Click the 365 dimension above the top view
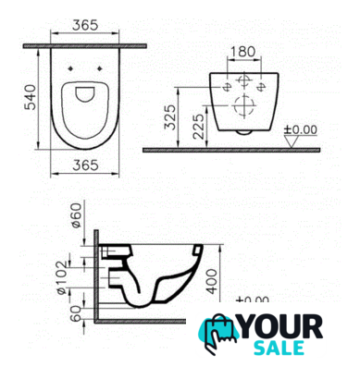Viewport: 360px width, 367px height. pyautogui.click(x=85, y=25)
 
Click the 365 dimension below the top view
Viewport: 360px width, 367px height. pyautogui.click(x=85, y=165)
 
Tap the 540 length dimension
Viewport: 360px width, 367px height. pyautogui.click(x=31, y=97)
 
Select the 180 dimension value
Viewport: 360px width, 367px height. pyautogui.click(x=243, y=52)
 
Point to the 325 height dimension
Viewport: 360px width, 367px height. pyautogui.click(x=170, y=117)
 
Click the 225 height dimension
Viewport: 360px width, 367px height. pyautogui.click(x=198, y=126)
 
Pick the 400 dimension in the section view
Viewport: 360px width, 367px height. pyautogui.click(x=211, y=281)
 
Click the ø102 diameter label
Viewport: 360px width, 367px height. pyautogui.click(x=62, y=277)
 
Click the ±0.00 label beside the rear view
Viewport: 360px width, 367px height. pyautogui.click(x=301, y=129)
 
